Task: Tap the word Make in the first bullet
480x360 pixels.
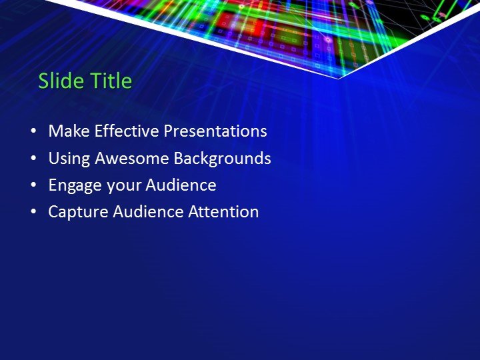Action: click(x=69, y=131)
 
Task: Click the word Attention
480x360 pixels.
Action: click(x=223, y=212)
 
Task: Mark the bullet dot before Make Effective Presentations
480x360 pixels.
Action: click(x=34, y=132)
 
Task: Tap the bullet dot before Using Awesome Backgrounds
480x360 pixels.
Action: click(x=34, y=159)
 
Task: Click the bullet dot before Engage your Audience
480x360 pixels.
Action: click(x=34, y=186)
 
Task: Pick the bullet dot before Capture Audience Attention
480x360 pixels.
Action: click(x=34, y=213)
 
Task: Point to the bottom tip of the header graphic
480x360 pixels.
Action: click(x=339, y=78)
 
